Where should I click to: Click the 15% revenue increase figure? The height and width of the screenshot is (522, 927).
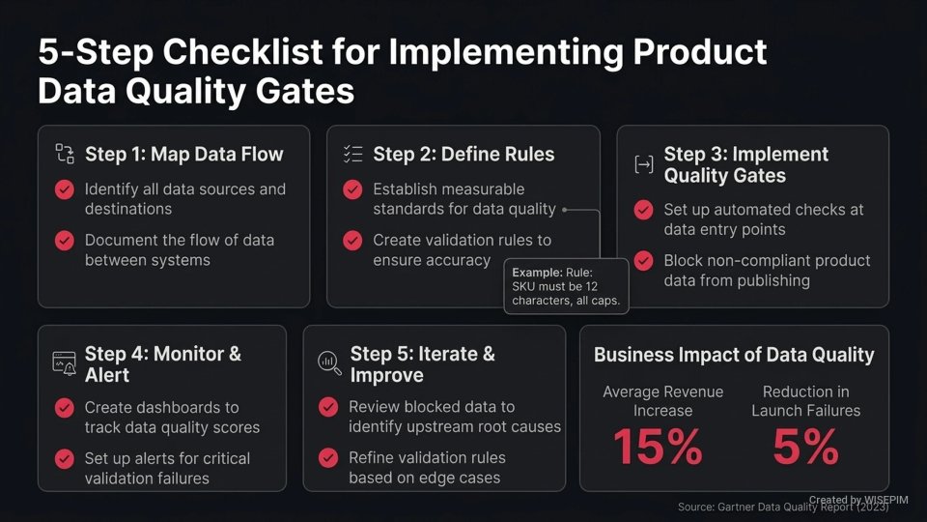click(658, 447)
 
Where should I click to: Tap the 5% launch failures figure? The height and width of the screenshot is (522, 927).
click(805, 447)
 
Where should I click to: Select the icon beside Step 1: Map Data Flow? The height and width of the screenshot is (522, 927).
click(65, 154)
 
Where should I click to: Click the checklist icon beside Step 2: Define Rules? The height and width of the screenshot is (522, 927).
click(352, 154)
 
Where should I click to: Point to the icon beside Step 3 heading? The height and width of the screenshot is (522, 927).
click(643, 164)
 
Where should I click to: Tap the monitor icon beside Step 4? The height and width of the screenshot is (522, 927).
click(64, 363)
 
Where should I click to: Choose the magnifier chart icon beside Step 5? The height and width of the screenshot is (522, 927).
click(329, 363)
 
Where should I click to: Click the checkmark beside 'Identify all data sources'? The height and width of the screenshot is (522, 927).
click(65, 189)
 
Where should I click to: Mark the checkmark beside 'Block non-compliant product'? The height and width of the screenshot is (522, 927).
click(643, 261)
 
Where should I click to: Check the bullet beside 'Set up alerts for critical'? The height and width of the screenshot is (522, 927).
click(65, 458)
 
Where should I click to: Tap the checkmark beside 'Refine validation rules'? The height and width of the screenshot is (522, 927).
click(328, 457)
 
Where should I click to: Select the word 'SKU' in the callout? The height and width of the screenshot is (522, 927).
click(525, 287)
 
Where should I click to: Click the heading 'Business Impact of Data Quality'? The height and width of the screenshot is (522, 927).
click(734, 355)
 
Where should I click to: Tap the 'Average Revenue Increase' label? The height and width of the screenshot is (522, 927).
click(662, 400)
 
